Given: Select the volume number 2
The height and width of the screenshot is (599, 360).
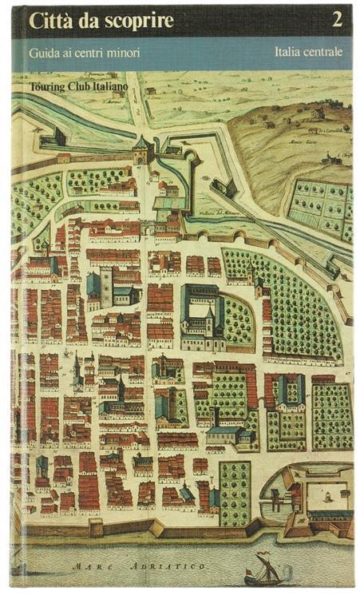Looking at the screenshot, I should coord(337,21).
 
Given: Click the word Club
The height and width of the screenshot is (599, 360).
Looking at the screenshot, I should coord(89,83).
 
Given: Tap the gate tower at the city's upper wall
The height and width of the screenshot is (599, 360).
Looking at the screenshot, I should coord(142,149).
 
